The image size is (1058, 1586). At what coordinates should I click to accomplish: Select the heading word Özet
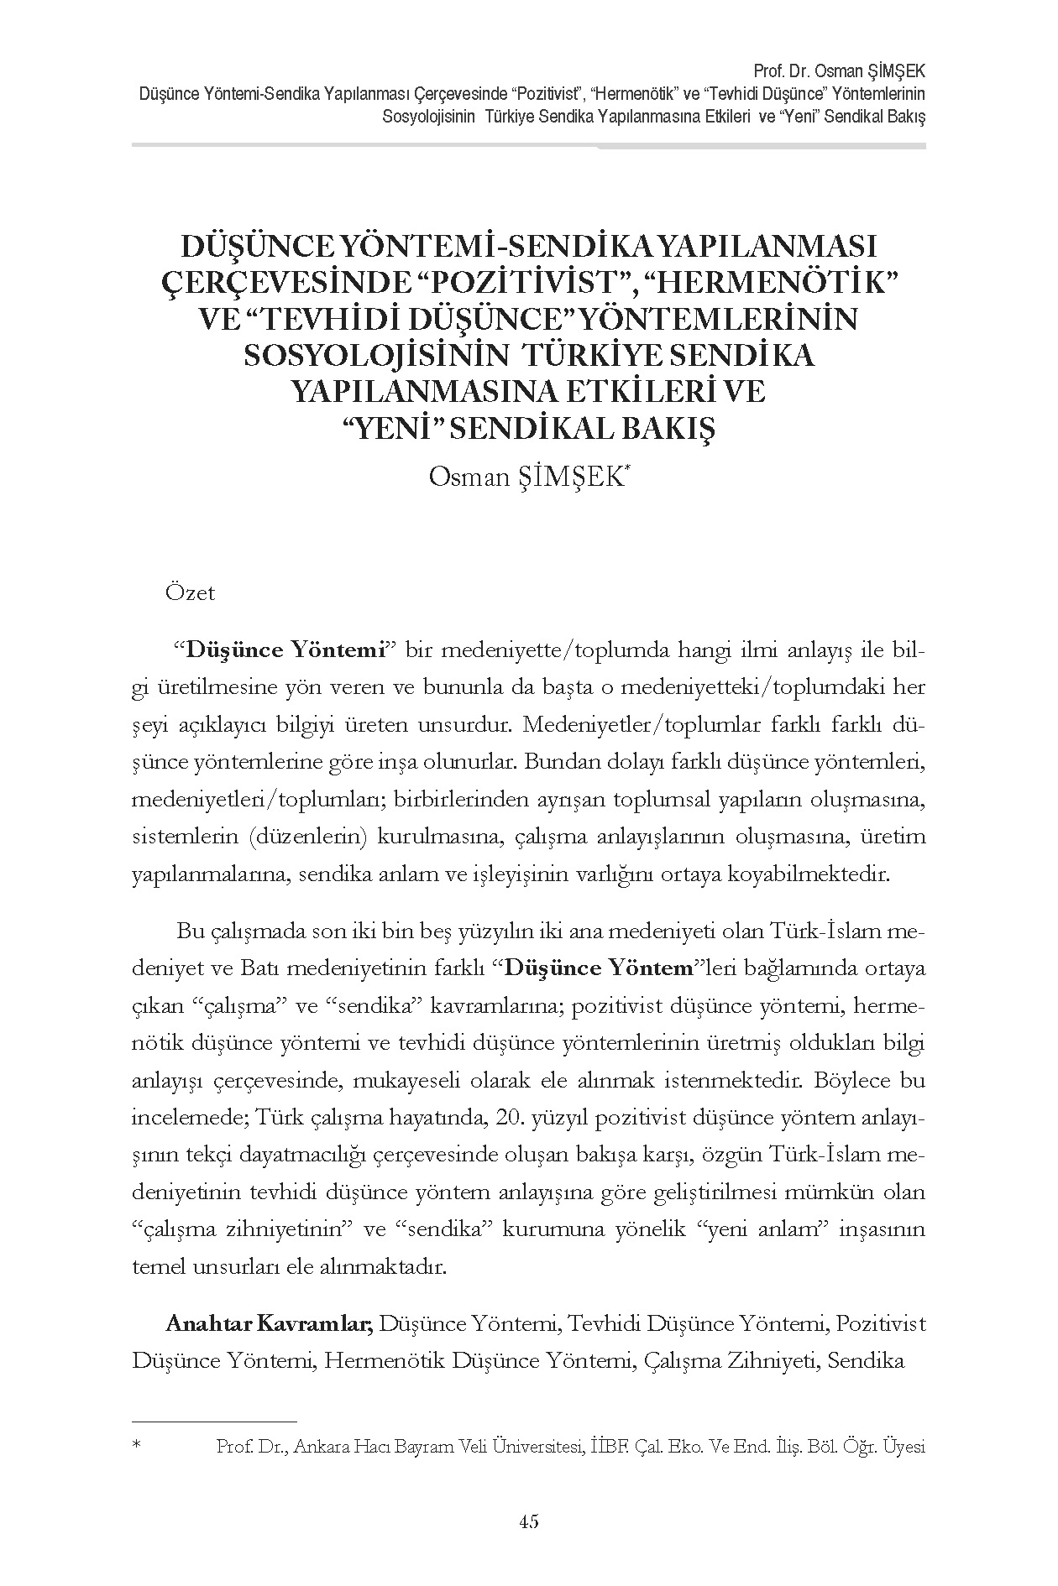191,593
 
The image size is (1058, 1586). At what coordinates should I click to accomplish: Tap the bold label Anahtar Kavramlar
269,1324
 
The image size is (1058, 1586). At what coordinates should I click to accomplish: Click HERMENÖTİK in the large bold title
771,283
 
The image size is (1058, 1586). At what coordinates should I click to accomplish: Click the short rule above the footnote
215,1422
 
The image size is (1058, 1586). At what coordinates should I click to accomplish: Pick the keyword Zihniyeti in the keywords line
773,1361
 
